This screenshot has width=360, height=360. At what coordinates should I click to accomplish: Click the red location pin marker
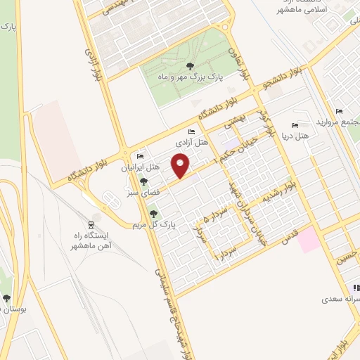pyautogui.click(x=182, y=166)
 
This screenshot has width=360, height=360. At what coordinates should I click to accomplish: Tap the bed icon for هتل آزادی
pyautogui.click(x=191, y=131)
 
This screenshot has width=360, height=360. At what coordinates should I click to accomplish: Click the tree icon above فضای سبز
pyautogui.click(x=144, y=181)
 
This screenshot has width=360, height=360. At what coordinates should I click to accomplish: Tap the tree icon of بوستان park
pyautogui.click(x=6, y=298)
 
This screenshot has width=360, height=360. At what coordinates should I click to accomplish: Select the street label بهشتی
pyautogui.click(x=233, y=122)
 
